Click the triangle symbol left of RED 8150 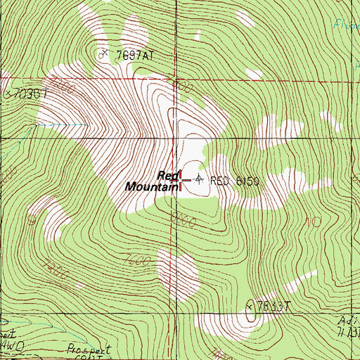pyautogui.click(x=198, y=180)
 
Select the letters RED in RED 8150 pyautogui.click(x=220, y=181)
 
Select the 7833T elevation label pyautogui.click(x=274, y=306)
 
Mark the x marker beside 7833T pyautogui.click(x=250, y=306)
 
